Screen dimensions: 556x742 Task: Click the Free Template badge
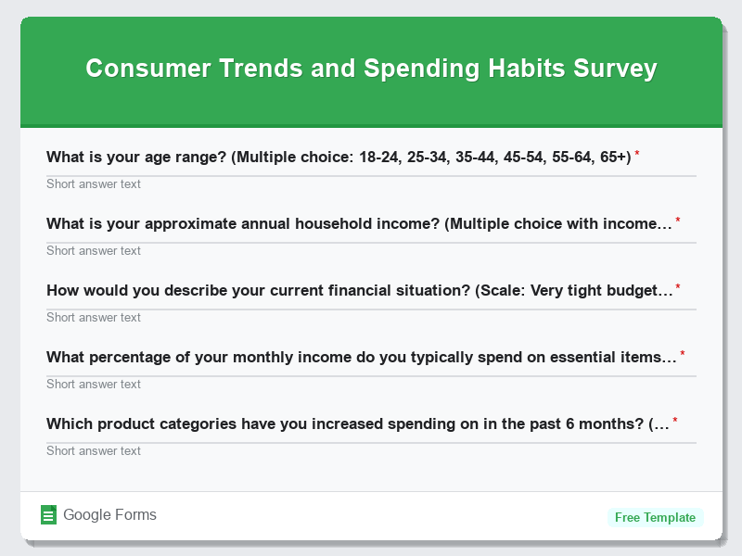point(655,517)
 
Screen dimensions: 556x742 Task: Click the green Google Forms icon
point(49,515)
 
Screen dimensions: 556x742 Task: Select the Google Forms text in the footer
point(109,515)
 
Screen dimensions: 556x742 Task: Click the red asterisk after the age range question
point(637,154)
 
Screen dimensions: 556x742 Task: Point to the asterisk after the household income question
point(678,221)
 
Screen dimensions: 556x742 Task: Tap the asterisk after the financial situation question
point(678,287)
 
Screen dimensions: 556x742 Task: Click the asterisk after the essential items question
point(683,354)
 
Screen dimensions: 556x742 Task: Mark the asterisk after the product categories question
point(675,421)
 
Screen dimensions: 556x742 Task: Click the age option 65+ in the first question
point(614,157)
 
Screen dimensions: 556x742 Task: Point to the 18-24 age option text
point(379,157)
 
